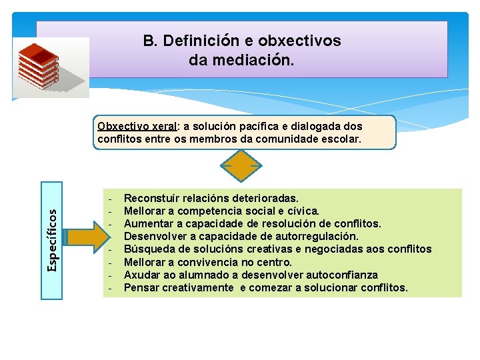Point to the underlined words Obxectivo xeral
coord(137,126)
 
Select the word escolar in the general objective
coord(341,139)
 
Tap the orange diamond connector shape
coord(241,165)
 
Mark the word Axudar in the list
coord(142,275)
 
